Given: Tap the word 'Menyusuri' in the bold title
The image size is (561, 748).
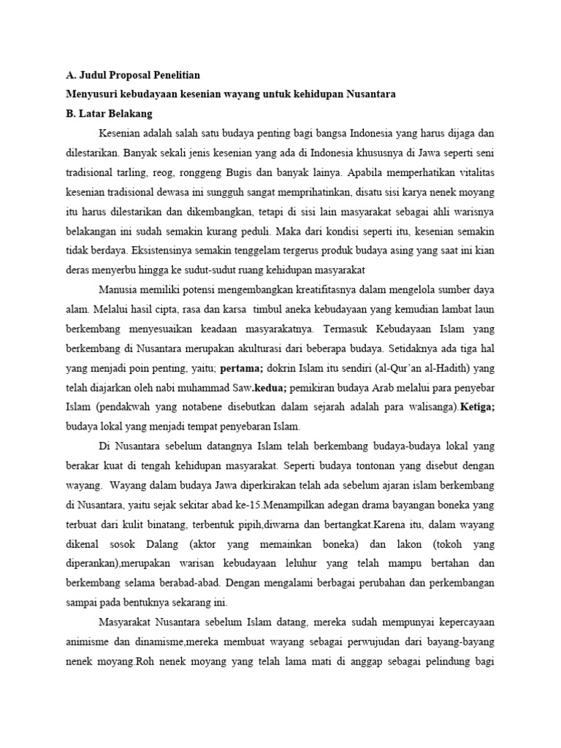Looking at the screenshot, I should pyautogui.click(x=92, y=94).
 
